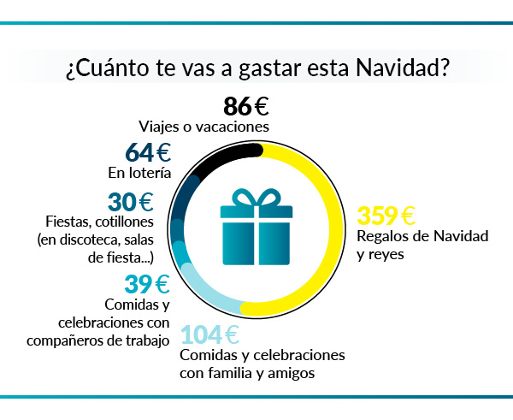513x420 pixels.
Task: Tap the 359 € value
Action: click(386, 216)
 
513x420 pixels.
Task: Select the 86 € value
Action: click(246, 107)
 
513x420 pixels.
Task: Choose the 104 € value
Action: click(209, 334)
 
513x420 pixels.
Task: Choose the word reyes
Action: click(396, 254)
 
